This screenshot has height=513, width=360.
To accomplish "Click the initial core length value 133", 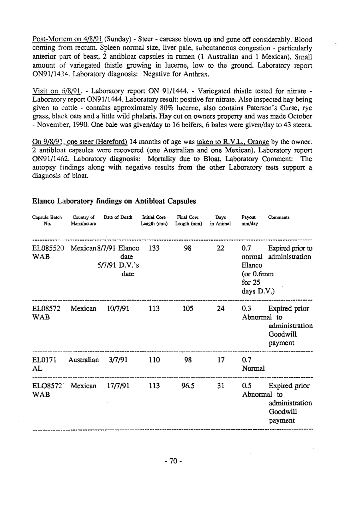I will point(154,248).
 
